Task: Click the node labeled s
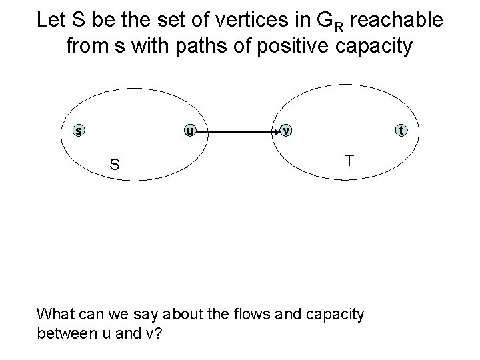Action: click(79, 131)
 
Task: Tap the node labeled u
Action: click(190, 131)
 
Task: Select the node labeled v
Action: click(286, 131)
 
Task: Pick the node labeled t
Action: click(401, 131)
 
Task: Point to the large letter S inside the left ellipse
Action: click(115, 164)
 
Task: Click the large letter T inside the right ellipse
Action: click(349, 160)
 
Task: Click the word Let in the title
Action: click(51, 19)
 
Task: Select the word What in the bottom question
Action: click(57, 313)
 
